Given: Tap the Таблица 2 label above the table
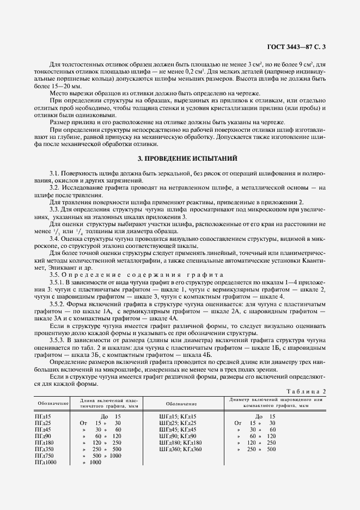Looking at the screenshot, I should point(308,391).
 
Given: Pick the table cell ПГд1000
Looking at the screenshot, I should point(45,462).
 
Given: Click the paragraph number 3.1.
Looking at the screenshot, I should point(54,173).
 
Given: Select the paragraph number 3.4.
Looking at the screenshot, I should point(54,239).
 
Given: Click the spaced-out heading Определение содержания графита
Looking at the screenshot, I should point(145,275).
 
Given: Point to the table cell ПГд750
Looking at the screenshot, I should point(44,456).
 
